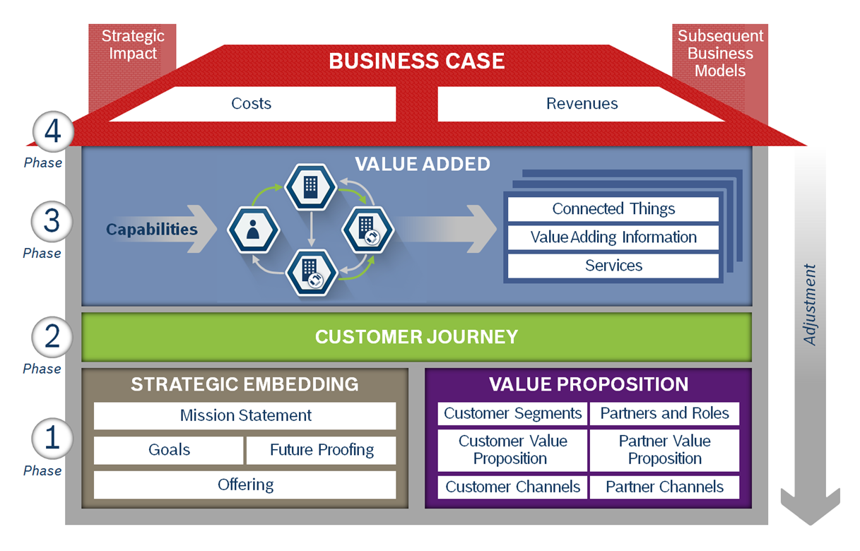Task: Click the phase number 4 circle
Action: pyautogui.click(x=52, y=133)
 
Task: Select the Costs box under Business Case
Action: pyautogui.click(x=252, y=104)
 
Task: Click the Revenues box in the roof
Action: pyautogui.click(x=582, y=104)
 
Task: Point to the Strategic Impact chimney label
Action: pyautogui.click(x=132, y=45)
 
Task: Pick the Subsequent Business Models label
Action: pyautogui.click(x=720, y=53)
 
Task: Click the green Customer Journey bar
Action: pyautogui.click(x=416, y=337)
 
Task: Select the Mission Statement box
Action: pyautogui.click(x=245, y=415)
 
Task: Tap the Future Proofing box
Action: pyautogui.click(x=322, y=450)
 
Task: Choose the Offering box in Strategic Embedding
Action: pyautogui.click(x=245, y=485)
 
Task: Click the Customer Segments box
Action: pyautogui.click(x=512, y=413)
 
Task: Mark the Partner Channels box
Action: pyautogui.click(x=664, y=487)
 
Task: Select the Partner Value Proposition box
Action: pyautogui.click(x=664, y=450)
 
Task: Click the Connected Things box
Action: pyautogui.click(x=613, y=209)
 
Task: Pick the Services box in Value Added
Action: pyautogui.click(x=613, y=266)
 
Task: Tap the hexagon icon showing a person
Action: pyautogui.click(x=253, y=230)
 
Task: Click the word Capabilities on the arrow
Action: pyautogui.click(x=152, y=230)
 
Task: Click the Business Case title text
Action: pyautogui.click(x=416, y=61)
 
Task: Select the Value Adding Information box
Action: pyautogui.click(x=613, y=237)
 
